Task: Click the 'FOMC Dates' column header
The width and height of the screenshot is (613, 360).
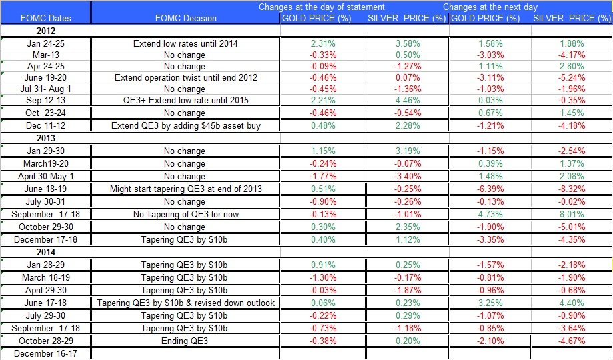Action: (x=46, y=18)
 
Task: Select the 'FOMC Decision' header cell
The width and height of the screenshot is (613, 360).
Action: (x=185, y=18)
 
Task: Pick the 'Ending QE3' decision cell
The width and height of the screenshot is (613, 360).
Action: (x=185, y=341)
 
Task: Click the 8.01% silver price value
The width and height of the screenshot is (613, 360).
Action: (x=571, y=214)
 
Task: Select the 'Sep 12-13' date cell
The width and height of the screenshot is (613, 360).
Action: (x=46, y=100)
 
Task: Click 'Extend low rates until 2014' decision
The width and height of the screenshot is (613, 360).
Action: (x=185, y=43)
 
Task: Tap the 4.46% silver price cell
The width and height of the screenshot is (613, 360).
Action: (x=406, y=100)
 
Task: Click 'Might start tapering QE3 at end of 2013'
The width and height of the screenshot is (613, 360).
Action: (x=185, y=189)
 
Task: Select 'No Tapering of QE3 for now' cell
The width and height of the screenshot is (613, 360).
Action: (x=185, y=214)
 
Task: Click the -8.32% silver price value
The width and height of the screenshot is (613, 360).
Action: (x=571, y=189)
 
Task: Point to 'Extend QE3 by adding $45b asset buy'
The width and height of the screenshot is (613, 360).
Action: (x=185, y=125)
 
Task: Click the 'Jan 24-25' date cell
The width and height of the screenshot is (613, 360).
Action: (x=46, y=43)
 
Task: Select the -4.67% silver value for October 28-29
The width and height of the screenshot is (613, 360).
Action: (x=571, y=341)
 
